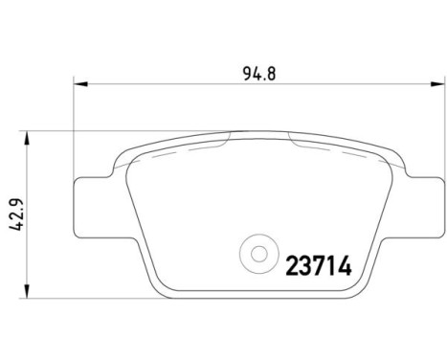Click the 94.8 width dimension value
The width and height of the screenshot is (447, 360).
(258, 74)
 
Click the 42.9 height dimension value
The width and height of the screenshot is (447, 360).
(16, 214)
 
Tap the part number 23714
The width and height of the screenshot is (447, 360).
(319, 265)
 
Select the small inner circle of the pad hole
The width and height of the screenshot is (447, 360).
(258, 254)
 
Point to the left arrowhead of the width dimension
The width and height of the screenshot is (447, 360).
(80, 84)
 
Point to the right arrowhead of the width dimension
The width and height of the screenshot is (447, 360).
(437, 84)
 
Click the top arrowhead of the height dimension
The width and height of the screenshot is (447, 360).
(28, 138)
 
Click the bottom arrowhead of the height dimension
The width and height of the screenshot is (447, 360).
(28, 291)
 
